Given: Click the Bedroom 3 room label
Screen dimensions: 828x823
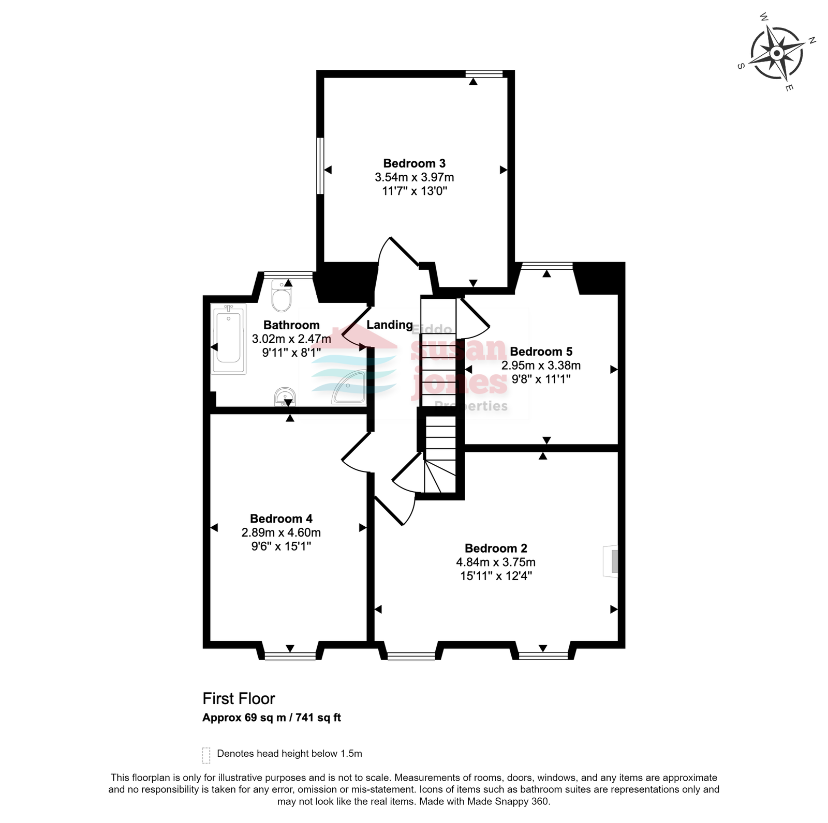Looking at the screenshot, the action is pos(414,163).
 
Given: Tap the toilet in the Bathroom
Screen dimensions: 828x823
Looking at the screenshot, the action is pos(282,295).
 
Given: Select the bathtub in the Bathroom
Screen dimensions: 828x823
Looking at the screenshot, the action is pos(228,339).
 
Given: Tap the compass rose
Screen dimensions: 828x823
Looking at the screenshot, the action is pos(777,53).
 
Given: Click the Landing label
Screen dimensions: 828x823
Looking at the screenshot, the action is pos(390,325).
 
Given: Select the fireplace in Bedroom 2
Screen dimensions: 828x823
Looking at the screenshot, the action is pos(611,561).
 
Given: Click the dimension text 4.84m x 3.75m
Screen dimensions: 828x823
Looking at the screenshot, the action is pos(496,562).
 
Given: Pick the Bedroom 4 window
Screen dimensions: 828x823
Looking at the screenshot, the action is pos(290,656).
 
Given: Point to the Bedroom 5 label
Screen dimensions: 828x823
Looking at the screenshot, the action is pos(541,352).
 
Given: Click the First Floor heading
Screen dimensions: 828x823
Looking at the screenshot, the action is pos(239,698).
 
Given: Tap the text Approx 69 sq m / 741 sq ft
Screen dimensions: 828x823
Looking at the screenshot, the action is pos(272,718).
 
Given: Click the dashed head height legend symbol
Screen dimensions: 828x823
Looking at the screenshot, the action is pos(206,755).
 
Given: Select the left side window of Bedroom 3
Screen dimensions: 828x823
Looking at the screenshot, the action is pos(320,165).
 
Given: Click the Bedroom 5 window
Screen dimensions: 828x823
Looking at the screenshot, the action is pos(547,266).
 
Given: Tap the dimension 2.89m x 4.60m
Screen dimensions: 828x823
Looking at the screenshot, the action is pos(281,532).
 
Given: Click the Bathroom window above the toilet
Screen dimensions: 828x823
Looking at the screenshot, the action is pos(288,275).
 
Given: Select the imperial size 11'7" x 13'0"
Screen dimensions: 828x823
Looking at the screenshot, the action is pos(415,191).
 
